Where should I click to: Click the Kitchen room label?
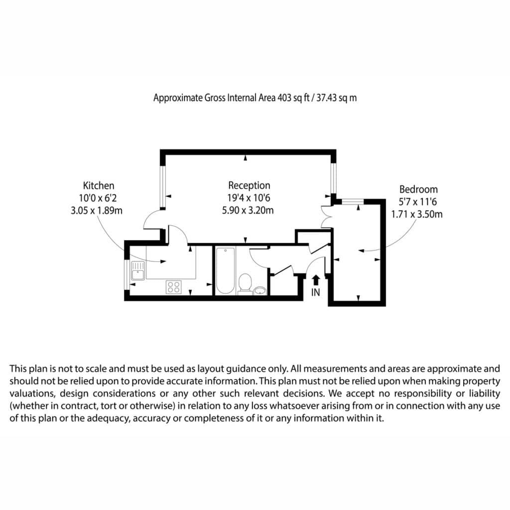tap(99, 186)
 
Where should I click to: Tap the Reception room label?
tap(249, 185)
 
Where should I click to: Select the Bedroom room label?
tap(418, 189)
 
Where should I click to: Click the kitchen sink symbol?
tap(138, 270)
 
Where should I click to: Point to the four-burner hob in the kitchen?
tap(174, 287)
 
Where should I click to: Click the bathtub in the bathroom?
tap(225, 270)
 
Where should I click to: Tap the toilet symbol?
tap(245, 283)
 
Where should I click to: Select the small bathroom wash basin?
tap(260, 290)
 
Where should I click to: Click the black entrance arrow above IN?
tap(315, 280)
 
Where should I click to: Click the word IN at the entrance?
tap(315, 293)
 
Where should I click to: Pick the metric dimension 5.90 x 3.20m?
tap(248, 211)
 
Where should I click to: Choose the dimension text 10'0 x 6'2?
tap(98, 198)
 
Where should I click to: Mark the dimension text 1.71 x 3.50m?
tap(417, 214)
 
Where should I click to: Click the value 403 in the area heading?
tap(284, 98)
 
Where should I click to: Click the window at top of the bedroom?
tap(353, 202)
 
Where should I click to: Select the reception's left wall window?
tap(163, 186)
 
